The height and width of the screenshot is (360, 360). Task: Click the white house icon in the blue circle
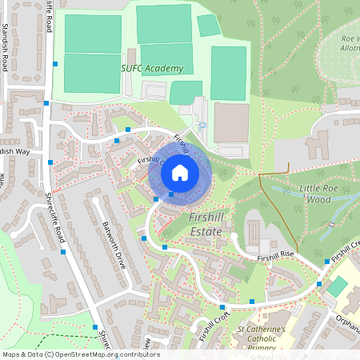pos(180,171)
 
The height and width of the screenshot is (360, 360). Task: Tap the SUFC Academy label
pos(152,69)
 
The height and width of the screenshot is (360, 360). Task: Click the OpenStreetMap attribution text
pos(81,354)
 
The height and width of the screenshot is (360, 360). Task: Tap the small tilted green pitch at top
pos(209,26)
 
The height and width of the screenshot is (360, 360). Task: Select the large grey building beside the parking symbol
pos(231,122)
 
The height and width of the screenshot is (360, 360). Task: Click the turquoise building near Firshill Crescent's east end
pos(338,286)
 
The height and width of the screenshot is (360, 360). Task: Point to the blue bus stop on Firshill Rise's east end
pos(326,262)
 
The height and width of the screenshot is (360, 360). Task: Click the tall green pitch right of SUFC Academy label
pos(228,72)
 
